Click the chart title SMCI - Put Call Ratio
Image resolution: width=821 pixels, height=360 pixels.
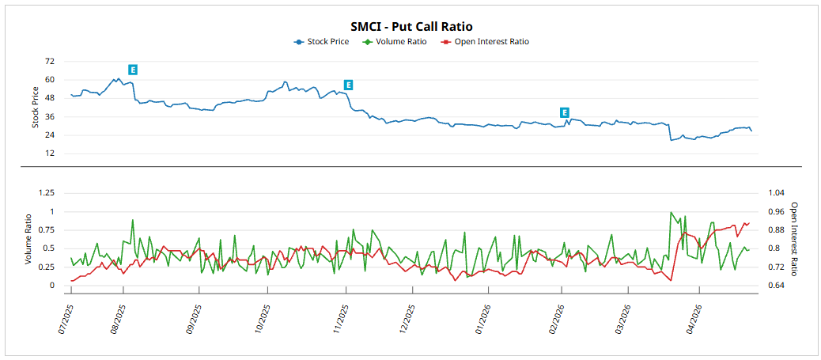coord(411,27)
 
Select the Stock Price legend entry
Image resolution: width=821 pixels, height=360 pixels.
coord(327,42)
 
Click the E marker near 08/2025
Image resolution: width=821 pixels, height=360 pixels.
coord(133,70)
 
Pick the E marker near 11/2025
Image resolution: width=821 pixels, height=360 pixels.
coord(348,85)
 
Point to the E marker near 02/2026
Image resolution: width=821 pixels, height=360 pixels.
coord(564,113)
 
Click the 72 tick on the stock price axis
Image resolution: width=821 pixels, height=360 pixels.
coord(50,61)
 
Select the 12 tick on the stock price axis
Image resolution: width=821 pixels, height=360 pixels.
coord(50,153)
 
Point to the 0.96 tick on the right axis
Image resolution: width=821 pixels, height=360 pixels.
coord(775,211)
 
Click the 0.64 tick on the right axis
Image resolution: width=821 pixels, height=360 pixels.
coord(775,286)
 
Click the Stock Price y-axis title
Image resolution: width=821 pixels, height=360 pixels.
coord(35,108)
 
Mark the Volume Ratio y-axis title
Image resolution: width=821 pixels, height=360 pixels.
coord(28,239)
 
